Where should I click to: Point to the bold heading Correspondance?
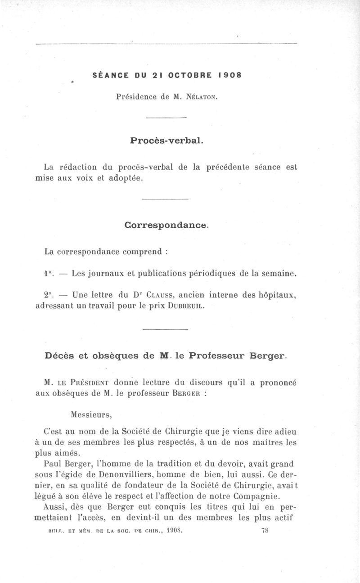point(166,224)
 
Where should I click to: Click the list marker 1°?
point(49,273)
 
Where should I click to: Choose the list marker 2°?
point(49,295)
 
